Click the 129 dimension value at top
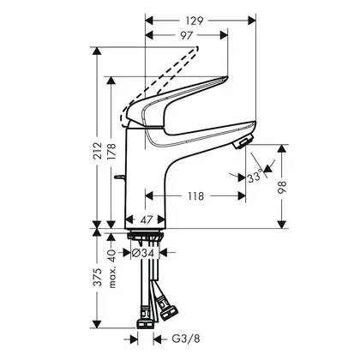pos(195,21)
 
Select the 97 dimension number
pos(186,35)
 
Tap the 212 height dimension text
pos(98,151)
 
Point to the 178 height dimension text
pos(111,151)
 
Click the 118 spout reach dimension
pos(196,196)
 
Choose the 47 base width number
pos(147,219)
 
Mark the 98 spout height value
pos(282,187)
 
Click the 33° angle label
pos(255,177)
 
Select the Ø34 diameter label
pos(143,253)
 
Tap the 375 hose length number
pos(98,277)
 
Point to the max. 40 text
pos(112,268)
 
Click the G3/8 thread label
pos(186,339)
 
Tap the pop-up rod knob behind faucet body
pos(120,177)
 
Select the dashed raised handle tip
pos(196,48)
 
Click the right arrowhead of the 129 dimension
pos(251,21)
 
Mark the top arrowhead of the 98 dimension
pos(282,149)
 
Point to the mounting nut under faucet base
pos(146,237)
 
